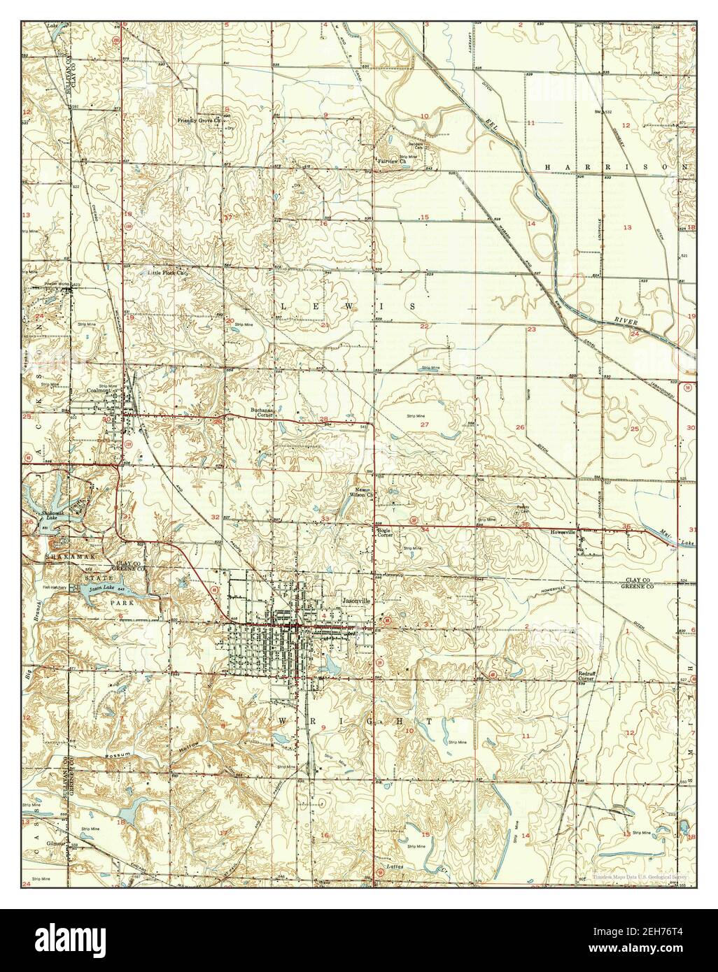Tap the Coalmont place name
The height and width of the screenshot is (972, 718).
click(x=97, y=391)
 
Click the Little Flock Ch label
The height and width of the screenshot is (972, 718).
click(x=169, y=272)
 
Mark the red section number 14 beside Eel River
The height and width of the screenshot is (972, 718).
click(x=531, y=224)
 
